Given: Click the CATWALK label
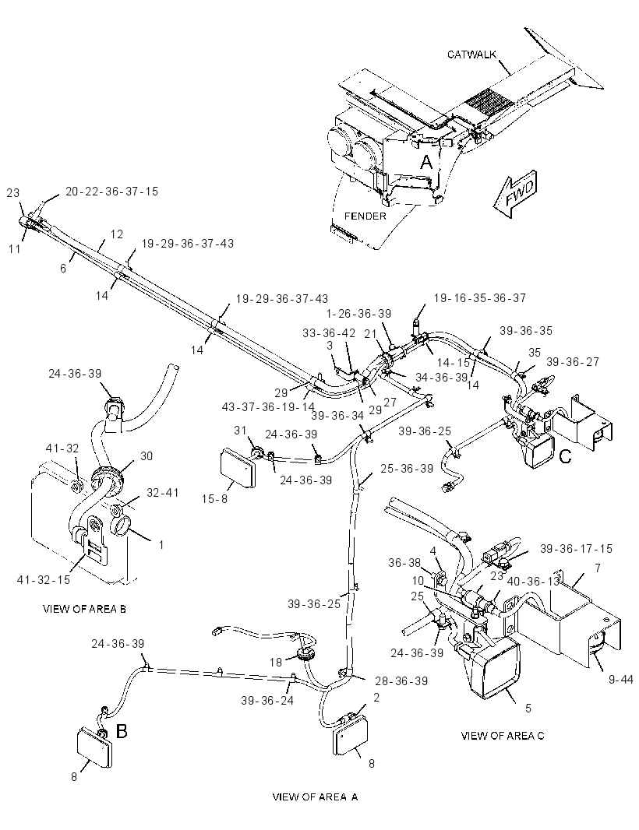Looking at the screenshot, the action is click(x=472, y=55).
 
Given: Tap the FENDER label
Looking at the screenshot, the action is click(x=365, y=216).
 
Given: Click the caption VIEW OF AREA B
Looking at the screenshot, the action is click(x=84, y=609).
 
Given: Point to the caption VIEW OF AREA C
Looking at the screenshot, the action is click(x=503, y=735).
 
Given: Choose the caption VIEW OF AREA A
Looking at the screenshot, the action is click(x=316, y=797).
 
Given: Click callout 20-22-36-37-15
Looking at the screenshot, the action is click(x=111, y=191).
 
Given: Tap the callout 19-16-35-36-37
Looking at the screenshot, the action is click(x=479, y=298).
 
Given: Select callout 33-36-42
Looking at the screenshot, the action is click(x=329, y=333).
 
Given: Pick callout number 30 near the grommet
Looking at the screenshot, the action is click(x=147, y=456).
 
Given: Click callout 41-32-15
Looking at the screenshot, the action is click(x=44, y=579).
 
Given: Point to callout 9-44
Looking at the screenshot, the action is click(x=620, y=679).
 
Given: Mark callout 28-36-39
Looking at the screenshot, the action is click(x=401, y=681).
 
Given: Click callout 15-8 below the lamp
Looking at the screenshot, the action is click(x=214, y=498).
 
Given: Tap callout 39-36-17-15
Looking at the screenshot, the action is click(x=576, y=548).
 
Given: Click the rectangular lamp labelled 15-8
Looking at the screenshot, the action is click(x=238, y=467).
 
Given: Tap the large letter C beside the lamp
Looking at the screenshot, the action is click(x=565, y=456).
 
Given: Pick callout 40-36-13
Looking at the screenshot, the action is click(x=534, y=581).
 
